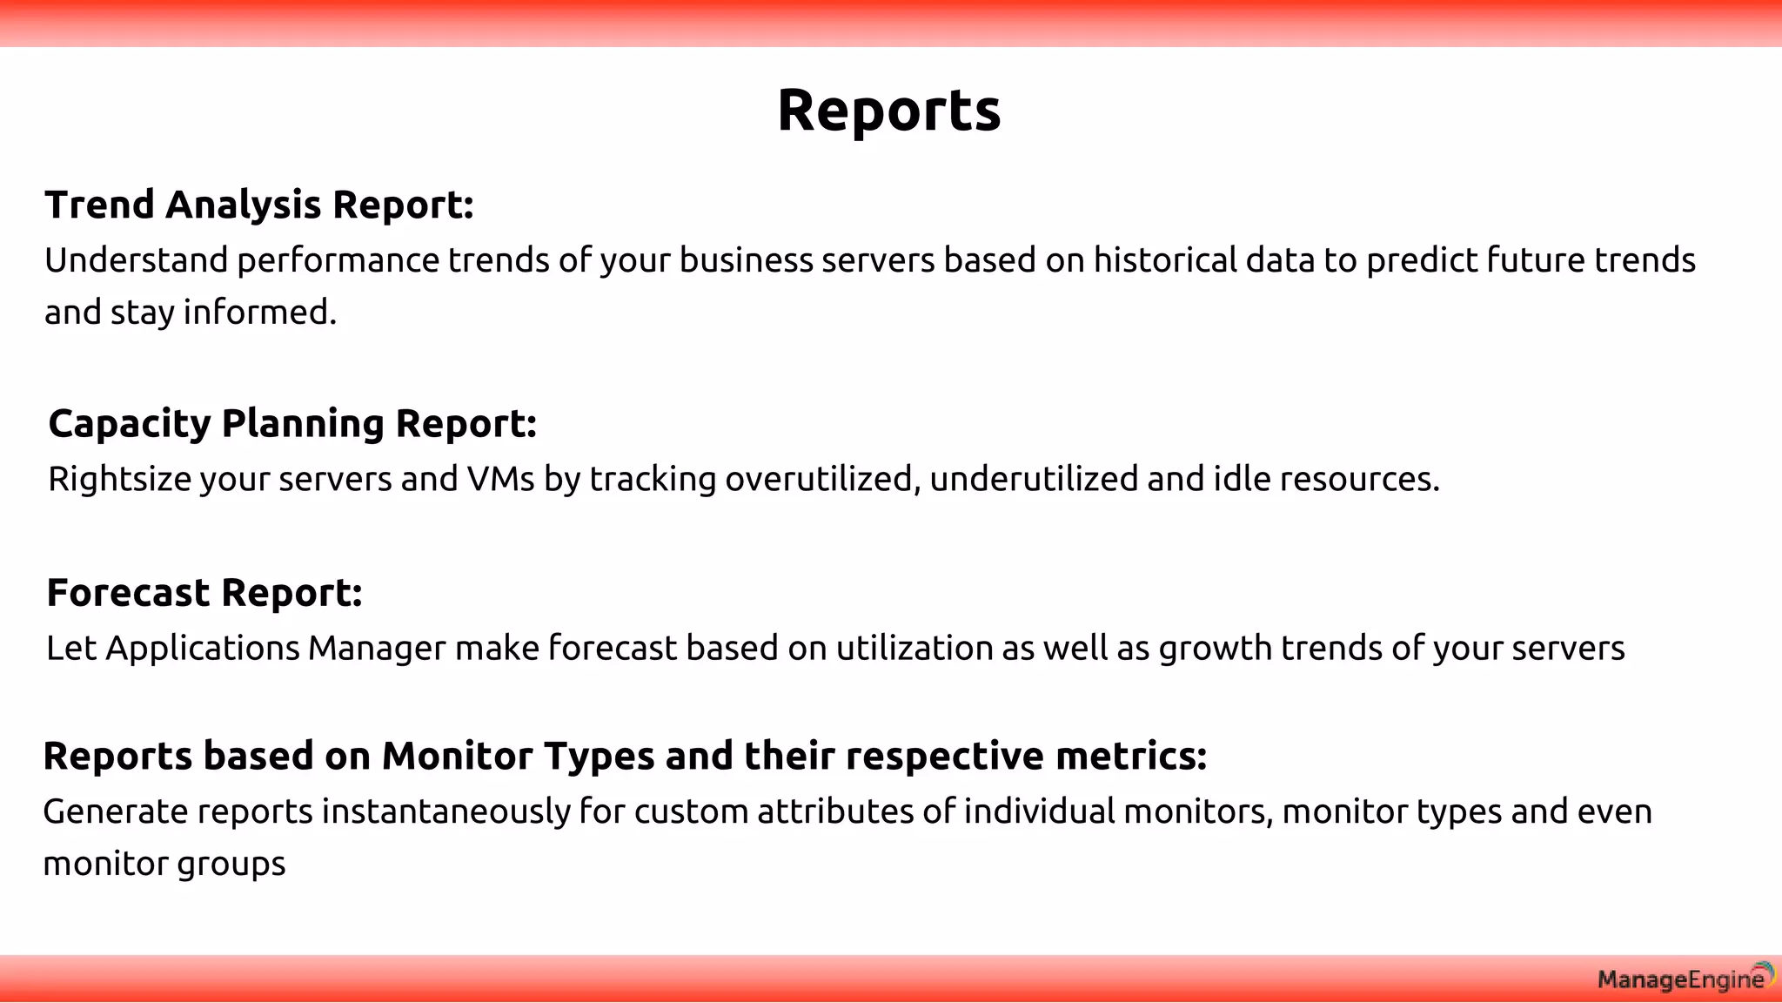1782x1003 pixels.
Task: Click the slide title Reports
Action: pyautogui.click(x=888, y=111)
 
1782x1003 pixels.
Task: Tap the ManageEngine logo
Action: pyautogui.click(x=1685, y=979)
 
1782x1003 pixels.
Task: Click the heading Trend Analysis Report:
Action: pyautogui.click(x=259, y=205)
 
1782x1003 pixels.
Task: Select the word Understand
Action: pyautogui.click(x=137, y=260)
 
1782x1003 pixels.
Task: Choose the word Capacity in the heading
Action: pyautogui.click(x=130, y=424)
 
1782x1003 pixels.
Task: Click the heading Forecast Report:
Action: pyautogui.click(x=204, y=593)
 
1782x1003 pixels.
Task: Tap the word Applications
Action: pyautogui.click(x=203, y=649)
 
